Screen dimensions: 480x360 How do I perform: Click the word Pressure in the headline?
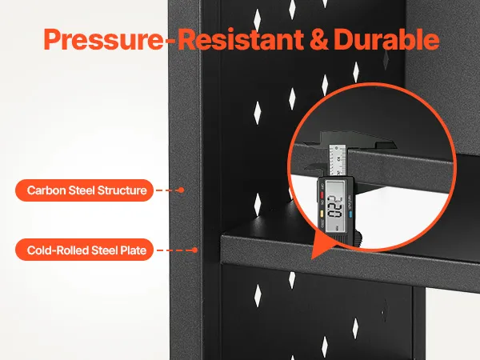click(x=103, y=40)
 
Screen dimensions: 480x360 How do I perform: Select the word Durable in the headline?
click(x=386, y=39)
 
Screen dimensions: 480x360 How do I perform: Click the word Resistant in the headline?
click(x=241, y=39)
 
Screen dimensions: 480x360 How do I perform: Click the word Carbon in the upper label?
click(x=46, y=190)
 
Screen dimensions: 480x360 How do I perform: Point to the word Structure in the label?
click(x=122, y=190)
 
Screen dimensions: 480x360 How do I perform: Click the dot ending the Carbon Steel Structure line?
click(x=182, y=190)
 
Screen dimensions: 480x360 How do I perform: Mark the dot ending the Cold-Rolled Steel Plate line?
click(x=194, y=250)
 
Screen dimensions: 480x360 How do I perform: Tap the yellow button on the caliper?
click(x=322, y=213)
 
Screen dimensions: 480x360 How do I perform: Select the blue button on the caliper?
click(x=350, y=214)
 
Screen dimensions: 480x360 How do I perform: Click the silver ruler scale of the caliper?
click(x=337, y=160)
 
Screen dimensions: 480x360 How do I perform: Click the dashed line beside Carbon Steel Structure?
click(x=167, y=190)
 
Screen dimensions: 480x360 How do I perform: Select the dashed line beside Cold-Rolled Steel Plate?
click(x=174, y=250)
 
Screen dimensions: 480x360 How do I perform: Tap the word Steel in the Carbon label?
click(x=82, y=190)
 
